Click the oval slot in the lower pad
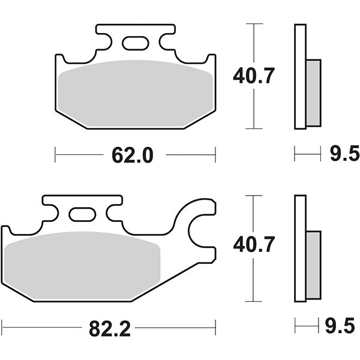tap(82, 214)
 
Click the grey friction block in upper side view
tap(313, 93)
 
